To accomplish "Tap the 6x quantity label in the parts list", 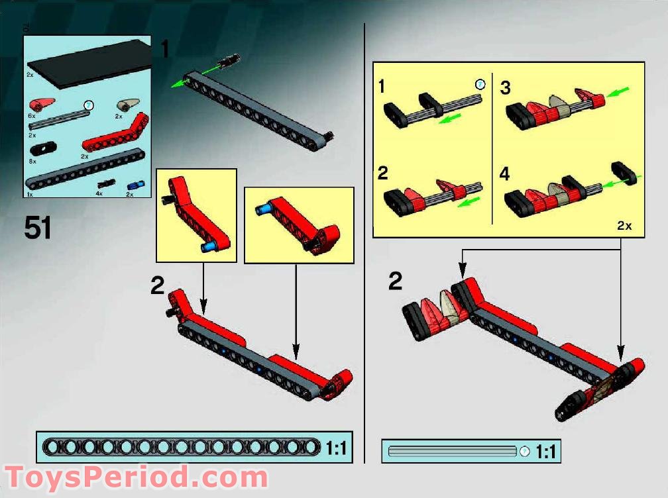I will pyautogui.click(x=31, y=115).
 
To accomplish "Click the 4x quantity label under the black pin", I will pyautogui.click(x=99, y=194).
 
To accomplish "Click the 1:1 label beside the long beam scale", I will pyautogui.click(x=337, y=448).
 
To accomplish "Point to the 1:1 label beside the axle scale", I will pyautogui.click(x=545, y=452).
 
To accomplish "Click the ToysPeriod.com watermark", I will pyautogui.click(x=136, y=476).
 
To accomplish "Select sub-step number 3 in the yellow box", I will pyautogui.click(x=506, y=88).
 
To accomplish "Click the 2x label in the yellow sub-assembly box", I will pyautogui.click(x=624, y=226).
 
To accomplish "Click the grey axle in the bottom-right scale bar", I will pyautogui.click(x=452, y=452).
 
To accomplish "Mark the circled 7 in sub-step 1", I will pyautogui.click(x=480, y=84).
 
